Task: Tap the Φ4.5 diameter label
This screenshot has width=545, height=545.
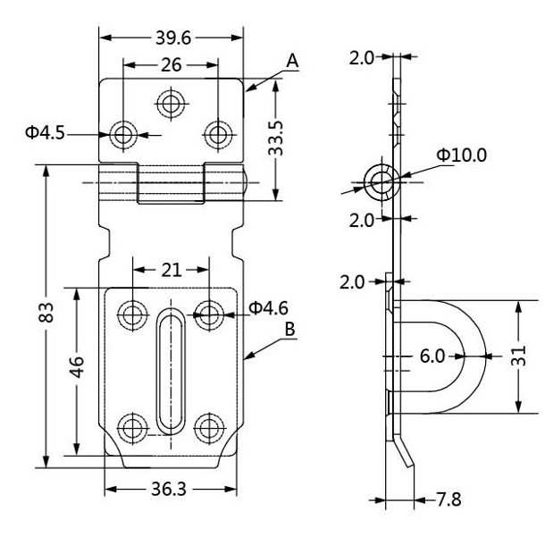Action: coord(44,134)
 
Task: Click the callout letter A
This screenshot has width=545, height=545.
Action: coord(292,61)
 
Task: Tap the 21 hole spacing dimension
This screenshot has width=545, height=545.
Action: coord(171,269)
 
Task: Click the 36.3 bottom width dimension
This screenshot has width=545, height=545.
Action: coord(171,490)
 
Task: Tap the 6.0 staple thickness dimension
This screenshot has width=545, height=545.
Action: coord(432,356)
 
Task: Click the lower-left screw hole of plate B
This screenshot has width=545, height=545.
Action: coord(133,425)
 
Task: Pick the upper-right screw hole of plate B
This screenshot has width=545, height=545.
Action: coord(209,313)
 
